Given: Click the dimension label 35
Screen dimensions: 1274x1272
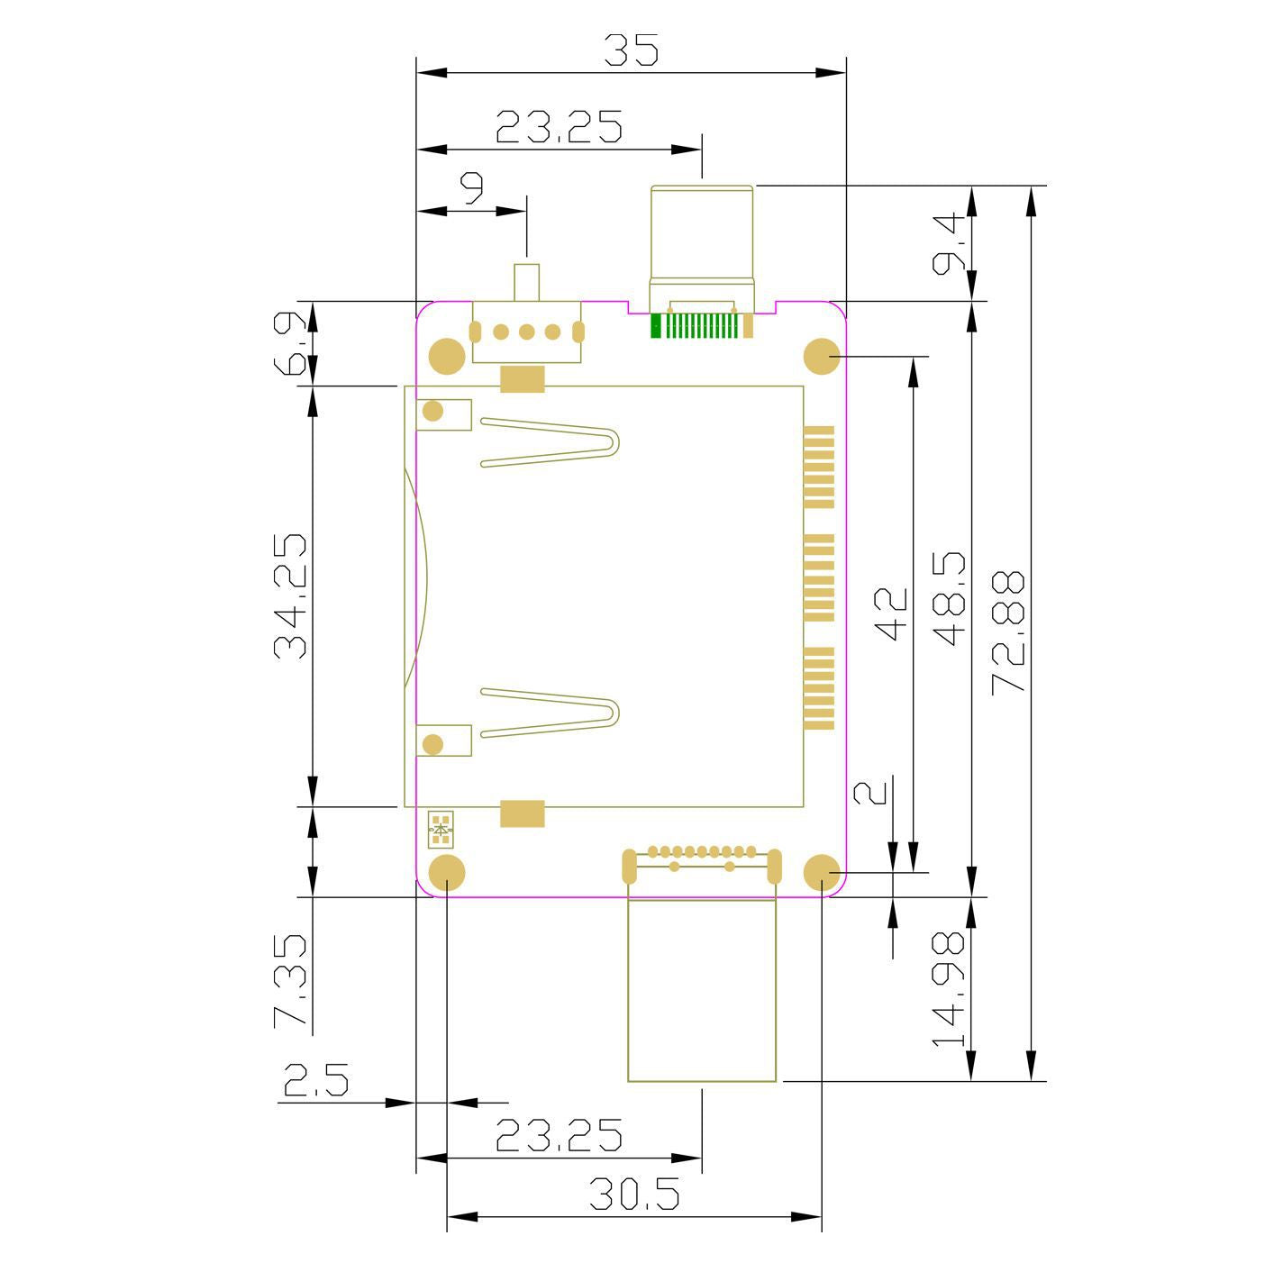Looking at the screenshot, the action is (632, 50).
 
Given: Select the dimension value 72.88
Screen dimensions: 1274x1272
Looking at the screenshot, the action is (1008, 632).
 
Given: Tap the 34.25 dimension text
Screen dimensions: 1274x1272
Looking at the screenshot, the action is (290, 595).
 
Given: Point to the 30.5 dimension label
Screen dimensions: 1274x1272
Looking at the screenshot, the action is (634, 1212).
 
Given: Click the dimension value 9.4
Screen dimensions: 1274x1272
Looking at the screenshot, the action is (948, 243).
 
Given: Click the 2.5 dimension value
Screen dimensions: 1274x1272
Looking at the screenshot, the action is (315, 1080).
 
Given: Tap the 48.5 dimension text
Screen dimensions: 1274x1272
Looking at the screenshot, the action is (949, 598).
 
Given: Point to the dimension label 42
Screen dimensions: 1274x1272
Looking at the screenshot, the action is (890, 614).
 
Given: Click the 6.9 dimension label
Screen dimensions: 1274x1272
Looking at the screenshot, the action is (290, 344).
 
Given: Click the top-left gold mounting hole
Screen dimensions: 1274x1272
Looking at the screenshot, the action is (447, 356).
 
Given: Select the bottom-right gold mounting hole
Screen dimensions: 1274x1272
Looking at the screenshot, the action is (822, 872).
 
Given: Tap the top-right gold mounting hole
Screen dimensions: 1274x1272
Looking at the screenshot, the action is (822, 356).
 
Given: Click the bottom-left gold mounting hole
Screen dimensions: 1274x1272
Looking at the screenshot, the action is (447, 872).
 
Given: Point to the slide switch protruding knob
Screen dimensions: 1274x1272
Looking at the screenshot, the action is (527, 282).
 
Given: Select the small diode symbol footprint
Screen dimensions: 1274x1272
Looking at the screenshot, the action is (441, 829).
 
